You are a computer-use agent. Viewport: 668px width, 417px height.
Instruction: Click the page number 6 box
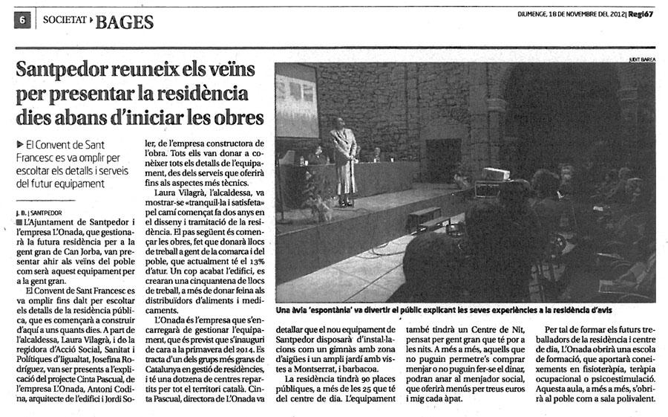[x=22, y=22]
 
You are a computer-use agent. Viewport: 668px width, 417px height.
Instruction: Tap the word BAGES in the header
[x=125, y=22]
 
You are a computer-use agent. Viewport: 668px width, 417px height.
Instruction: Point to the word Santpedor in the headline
[x=66, y=72]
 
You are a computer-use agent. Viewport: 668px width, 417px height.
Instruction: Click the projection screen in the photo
[x=297, y=100]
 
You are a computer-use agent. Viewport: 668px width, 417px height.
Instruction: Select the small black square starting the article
[x=19, y=222]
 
